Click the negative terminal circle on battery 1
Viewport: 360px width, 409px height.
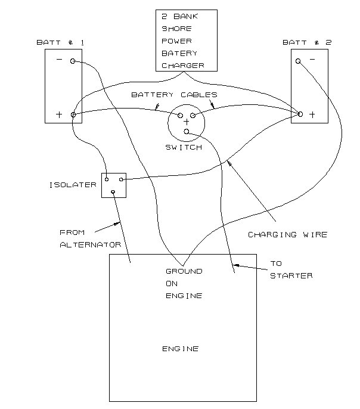click(73, 61)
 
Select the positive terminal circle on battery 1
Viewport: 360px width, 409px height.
click(73, 114)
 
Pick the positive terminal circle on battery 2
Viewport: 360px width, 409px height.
click(300, 113)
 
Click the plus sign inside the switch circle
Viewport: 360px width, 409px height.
click(186, 121)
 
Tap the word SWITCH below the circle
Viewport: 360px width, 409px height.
click(184, 147)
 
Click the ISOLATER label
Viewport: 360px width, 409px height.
click(73, 185)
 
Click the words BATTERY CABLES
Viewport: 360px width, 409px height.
click(174, 95)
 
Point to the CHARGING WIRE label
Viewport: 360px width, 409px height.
click(287, 235)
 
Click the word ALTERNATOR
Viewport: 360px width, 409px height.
click(91, 245)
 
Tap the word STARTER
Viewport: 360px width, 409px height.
click(291, 275)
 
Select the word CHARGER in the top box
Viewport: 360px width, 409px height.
click(182, 66)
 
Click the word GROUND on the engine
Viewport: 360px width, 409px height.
click(184, 271)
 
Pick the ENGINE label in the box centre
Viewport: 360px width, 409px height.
click(181, 349)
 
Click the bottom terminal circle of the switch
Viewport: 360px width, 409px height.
click(187, 132)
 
